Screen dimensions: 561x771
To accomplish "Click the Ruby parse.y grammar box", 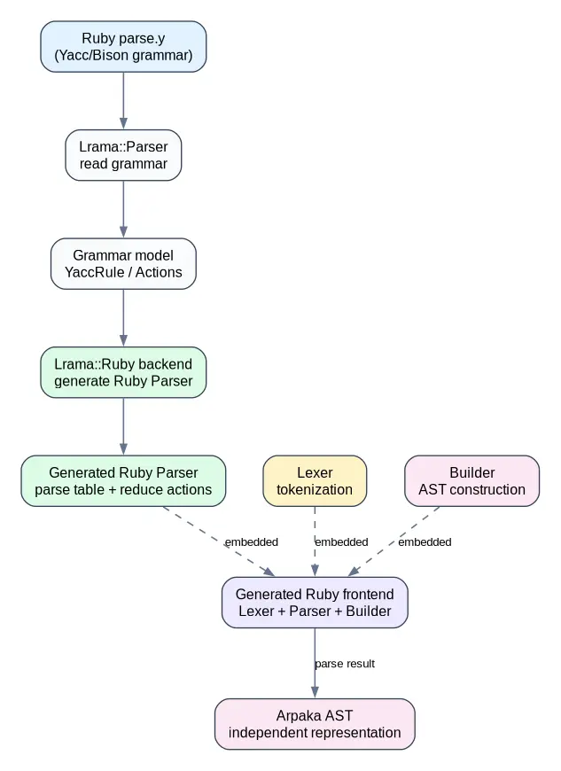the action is coord(123,47).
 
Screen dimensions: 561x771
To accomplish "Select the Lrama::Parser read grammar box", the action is coord(123,155).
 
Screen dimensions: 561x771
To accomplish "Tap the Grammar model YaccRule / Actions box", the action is coord(123,264).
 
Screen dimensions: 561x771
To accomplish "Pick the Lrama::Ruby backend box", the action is coord(123,373).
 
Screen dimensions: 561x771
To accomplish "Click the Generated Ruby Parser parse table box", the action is coord(123,481).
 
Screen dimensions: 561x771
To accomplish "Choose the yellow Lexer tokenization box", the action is coord(315,481).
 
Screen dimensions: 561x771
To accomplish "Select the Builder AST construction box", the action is coord(472,481).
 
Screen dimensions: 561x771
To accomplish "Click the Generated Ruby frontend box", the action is coord(315,603).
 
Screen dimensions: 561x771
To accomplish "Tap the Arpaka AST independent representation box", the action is coord(315,724).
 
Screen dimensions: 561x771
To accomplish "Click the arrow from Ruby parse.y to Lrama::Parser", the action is coord(123,101).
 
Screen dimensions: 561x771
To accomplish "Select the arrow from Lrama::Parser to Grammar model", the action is coord(123,209).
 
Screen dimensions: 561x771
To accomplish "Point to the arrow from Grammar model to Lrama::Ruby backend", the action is coord(123,318).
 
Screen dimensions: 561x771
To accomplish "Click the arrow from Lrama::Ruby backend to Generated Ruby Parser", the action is coord(123,427).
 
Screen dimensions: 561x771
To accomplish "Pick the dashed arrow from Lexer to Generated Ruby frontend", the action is coord(315,541).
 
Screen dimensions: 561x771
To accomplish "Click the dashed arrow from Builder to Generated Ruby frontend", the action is coord(393,541).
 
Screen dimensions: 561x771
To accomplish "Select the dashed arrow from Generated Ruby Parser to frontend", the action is coord(219,541).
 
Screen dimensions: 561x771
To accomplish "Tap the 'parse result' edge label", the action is coord(345,664).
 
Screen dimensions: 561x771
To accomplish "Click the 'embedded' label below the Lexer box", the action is coord(341,541).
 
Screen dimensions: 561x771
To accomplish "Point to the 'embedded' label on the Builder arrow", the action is coord(425,541).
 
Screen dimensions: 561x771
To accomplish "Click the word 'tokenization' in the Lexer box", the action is coord(315,490).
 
